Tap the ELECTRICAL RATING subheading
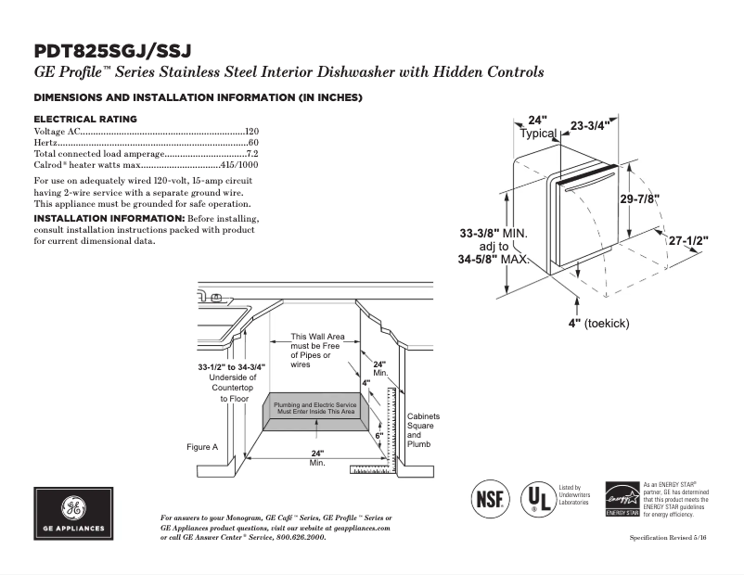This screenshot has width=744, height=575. tap(85, 119)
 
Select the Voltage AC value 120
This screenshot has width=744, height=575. tap(251, 132)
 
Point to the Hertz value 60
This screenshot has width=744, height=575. tap(253, 143)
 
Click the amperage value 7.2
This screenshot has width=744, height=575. tap(251, 153)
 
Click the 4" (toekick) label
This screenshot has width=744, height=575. tap(599, 323)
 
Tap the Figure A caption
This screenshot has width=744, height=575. tap(201, 447)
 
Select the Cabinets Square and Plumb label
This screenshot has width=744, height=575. tap(423, 430)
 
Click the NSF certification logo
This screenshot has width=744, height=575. tap(490, 498)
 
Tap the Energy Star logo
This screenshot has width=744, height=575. tap(622, 498)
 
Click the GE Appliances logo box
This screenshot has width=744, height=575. tap(73, 514)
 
